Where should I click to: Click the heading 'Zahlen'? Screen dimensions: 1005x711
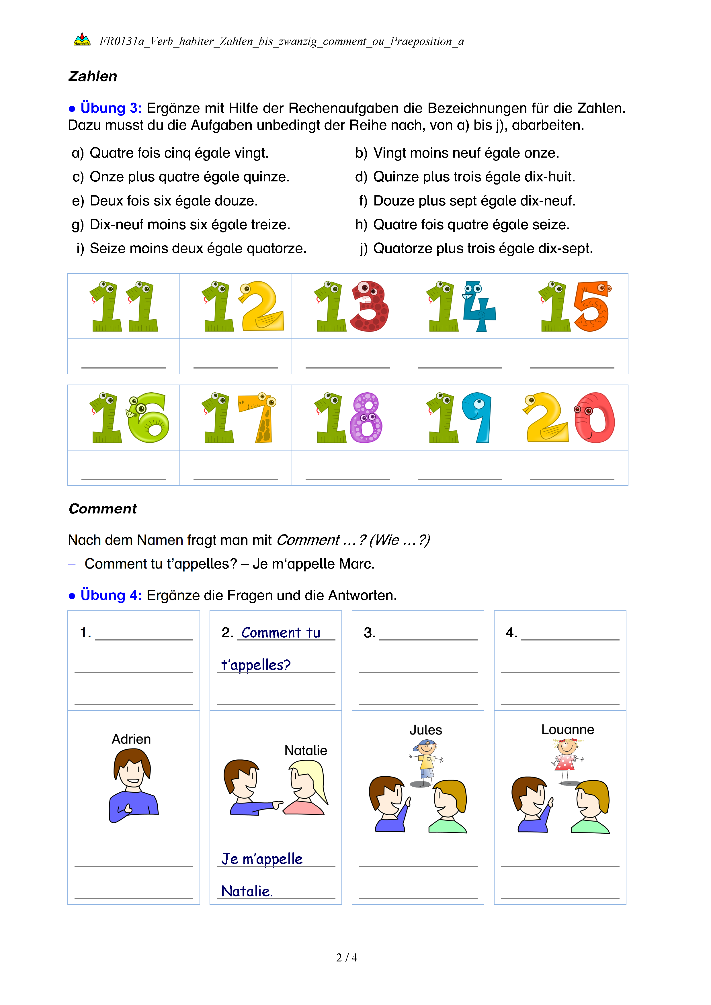[x=93, y=76]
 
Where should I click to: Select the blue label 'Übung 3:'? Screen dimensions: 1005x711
[x=111, y=108]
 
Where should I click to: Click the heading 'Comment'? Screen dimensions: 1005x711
[x=103, y=509]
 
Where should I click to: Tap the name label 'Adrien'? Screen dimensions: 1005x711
[x=131, y=739]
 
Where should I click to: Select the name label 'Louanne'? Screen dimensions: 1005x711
[x=567, y=729]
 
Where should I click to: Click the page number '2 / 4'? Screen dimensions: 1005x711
[x=347, y=958]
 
